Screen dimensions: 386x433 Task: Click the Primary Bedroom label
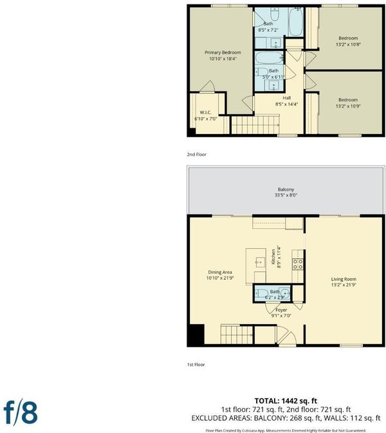tap(223, 52)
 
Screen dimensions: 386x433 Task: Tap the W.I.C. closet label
tap(205, 112)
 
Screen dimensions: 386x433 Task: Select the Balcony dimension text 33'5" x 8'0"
tap(286, 195)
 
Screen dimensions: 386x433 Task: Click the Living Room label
tap(344, 279)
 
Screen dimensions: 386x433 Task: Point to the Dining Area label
tap(220, 272)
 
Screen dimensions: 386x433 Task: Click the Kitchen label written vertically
tap(273, 257)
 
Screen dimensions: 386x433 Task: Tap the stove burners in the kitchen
tap(298, 264)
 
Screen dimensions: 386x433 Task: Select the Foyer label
tap(281, 310)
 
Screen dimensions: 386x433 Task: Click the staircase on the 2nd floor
tap(255, 125)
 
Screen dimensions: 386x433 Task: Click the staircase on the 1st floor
tap(237, 334)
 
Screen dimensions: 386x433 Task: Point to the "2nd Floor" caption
tap(197, 155)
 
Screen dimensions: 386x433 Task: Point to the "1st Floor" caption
tap(196, 365)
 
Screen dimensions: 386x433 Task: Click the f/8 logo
tap(21, 412)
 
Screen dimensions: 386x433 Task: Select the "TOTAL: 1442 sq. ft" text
tap(286, 401)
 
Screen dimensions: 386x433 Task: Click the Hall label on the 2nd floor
tap(287, 98)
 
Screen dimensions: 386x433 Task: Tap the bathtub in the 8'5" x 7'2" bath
tap(295, 22)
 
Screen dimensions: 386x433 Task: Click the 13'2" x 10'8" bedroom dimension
tap(348, 44)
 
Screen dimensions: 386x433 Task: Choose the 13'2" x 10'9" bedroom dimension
tap(348, 106)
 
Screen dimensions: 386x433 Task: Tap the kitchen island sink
tap(259, 262)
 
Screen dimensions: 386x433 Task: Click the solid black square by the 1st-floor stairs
tap(197, 334)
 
